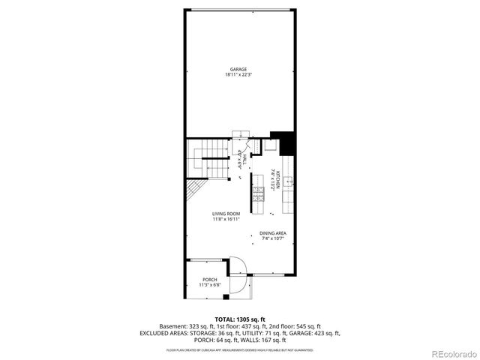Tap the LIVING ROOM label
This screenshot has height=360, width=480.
point(225,214)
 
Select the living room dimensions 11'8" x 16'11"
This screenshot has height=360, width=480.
point(225,220)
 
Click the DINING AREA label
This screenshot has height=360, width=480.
point(272,233)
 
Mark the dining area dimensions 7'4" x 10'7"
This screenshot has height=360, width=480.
point(272,238)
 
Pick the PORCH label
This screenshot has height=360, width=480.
point(209,280)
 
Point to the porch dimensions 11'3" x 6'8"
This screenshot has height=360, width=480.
point(209,285)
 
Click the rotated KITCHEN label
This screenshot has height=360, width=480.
point(277,180)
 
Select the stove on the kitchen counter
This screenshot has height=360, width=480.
point(259,194)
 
